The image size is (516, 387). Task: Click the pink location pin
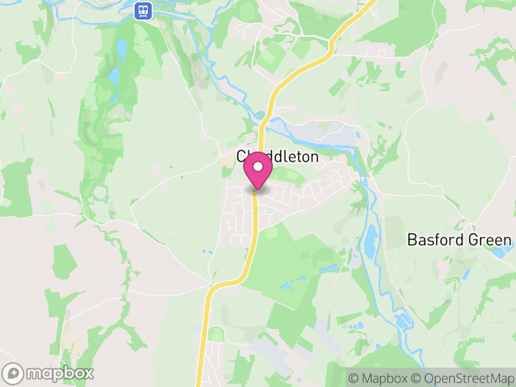coord(258,171)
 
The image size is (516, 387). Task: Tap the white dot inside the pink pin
coord(258,167)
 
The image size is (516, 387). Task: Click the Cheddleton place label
coord(277,157)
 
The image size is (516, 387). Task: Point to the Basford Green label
coord(459,241)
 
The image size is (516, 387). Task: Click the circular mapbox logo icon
coord(14,373)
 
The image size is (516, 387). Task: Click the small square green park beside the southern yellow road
coord(217,334)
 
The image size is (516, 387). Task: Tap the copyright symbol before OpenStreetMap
coord(417,378)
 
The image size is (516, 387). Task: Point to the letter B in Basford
coord(412,241)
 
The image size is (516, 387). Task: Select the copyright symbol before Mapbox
coord(353,378)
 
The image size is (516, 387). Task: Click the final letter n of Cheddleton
coord(315,157)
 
